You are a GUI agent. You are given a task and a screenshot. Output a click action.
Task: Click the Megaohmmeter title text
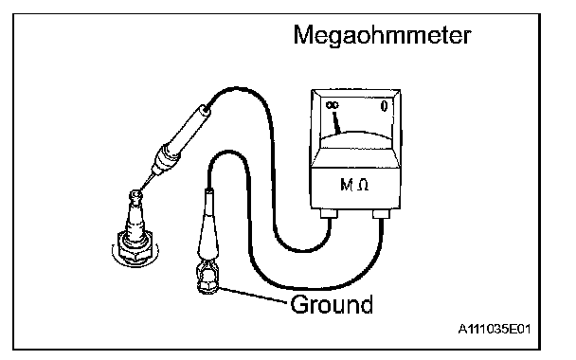pos(382,36)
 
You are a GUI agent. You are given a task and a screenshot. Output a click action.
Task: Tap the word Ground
pos(332,304)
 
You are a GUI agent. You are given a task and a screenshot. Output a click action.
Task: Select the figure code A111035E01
pos(495,329)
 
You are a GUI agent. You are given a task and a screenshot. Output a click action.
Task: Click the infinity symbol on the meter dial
pos(333,105)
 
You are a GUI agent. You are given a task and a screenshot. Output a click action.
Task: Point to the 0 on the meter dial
pos(384,106)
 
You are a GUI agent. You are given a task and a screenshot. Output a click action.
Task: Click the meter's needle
pos(336,122)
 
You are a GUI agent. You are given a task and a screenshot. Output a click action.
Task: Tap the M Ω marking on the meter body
pos(354,185)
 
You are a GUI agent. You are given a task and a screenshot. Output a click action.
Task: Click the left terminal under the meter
pos(330,213)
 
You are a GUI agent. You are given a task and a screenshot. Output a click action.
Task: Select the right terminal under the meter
pos(381,213)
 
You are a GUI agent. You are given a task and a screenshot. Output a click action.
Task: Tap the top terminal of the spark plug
pos(136,196)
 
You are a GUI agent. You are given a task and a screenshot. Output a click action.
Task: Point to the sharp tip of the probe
pos(140,190)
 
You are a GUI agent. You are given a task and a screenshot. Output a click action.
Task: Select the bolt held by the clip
pos(208,285)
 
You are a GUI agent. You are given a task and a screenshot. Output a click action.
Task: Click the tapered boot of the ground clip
pos(207,227)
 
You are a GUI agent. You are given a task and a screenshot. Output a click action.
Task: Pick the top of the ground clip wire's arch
pos(227,152)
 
